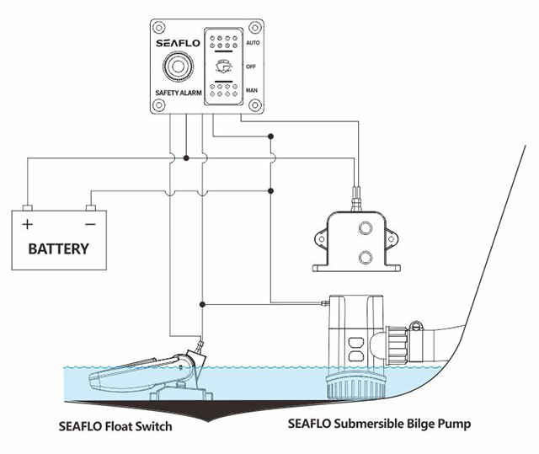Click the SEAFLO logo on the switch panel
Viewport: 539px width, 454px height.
click(178, 44)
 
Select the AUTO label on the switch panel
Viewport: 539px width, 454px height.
click(251, 40)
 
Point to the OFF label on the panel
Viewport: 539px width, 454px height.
click(251, 65)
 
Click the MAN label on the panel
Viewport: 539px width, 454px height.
click(251, 89)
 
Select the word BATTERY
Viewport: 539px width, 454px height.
click(59, 249)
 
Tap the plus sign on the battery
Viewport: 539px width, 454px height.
click(28, 225)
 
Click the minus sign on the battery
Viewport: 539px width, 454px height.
click(89, 225)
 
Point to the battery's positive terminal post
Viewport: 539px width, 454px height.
click(27, 208)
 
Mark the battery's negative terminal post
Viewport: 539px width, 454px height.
click(89, 208)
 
